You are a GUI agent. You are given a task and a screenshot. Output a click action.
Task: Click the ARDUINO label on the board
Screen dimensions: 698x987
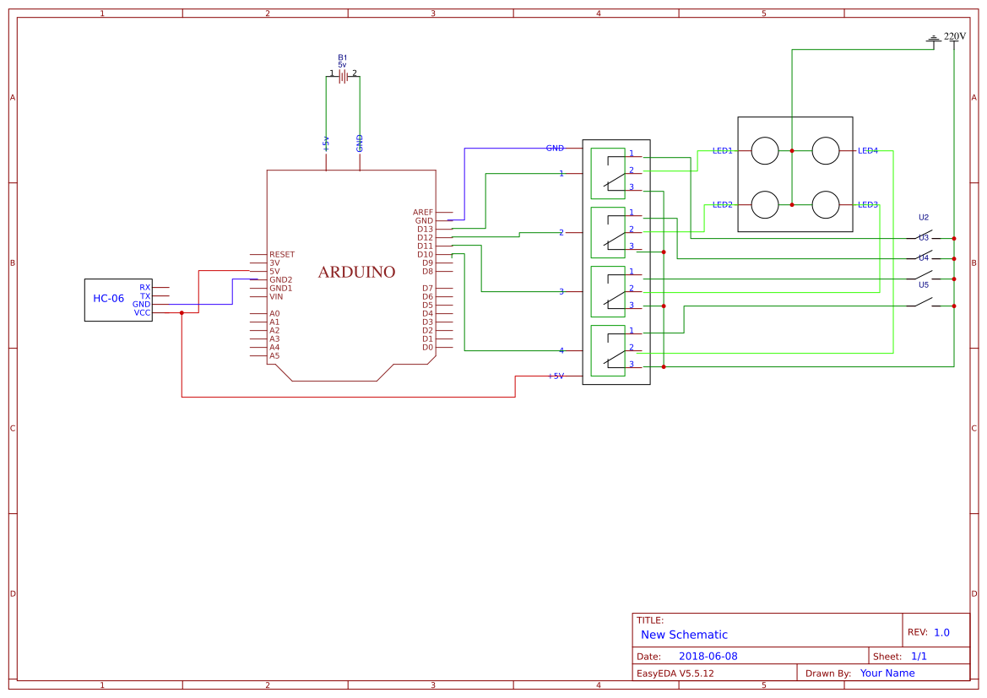pyautogui.click(x=356, y=273)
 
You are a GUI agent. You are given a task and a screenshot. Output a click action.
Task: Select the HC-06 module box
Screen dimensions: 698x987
pyautogui.click(x=117, y=299)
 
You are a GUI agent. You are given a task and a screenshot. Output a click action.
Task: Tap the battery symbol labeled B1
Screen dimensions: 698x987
pyautogui.click(x=343, y=76)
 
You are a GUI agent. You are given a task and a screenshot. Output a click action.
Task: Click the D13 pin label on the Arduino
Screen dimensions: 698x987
pyautogui.click(x=425, y=229)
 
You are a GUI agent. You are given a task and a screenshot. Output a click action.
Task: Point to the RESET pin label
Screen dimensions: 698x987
pyautogui.click(x=282, y=254)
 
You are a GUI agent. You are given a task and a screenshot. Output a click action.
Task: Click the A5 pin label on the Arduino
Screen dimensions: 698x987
pyautogui.click(x=274, y=355)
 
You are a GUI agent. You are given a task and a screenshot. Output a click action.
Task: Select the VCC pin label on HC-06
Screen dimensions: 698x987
pyautogui.click(x=142, y=312)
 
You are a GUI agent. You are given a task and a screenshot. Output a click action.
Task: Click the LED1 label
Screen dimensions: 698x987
pyautogui.click(x=722, y=151)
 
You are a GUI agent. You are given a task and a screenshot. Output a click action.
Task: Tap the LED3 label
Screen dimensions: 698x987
pyautogui.click(x=868, y=205)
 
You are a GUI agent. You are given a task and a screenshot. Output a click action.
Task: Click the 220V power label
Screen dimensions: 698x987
pyautogui.click(x=954, y=36)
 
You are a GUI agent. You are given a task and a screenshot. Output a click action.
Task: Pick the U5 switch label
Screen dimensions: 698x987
pyautogui.click(x=924, y=285)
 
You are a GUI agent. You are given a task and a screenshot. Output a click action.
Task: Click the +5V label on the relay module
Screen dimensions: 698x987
pyautogui.click(x=555, y=376)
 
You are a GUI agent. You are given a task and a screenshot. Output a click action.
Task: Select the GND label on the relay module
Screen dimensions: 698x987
pyautogui.click(x=555, y=149)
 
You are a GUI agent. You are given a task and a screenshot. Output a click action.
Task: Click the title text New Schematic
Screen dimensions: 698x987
pyautogui.click(x=684, y=635)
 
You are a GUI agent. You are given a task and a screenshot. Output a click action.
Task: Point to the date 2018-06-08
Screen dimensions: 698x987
pyautogui.click(x=708, y=656)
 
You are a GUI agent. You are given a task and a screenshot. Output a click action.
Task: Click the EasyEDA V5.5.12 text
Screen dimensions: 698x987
pyautogui.click(x=675, y=674)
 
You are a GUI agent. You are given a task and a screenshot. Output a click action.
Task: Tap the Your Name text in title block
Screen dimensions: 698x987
pyautogui.click(x=887, y=674)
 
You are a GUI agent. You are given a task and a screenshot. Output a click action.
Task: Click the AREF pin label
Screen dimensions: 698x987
pyautogui.click(x=423, y=212)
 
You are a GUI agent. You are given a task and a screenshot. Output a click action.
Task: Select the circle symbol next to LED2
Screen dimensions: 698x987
pyautogui.click(x=765, y=205)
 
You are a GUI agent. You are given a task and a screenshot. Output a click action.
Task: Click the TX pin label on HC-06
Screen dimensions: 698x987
pyautogui.click(x=145, y=296)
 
